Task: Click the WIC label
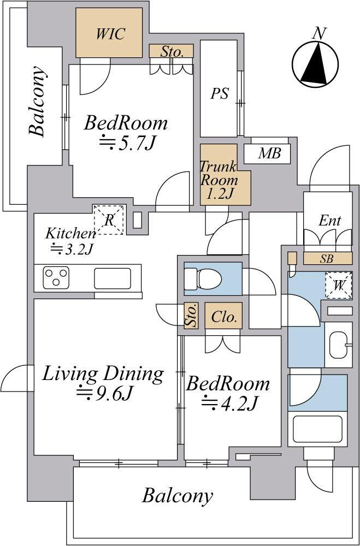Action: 111,34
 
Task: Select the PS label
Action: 220,93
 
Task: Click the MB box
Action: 269,153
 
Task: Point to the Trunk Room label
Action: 219,180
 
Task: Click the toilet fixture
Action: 203,279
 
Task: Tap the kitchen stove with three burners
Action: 56,278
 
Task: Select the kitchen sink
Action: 113,278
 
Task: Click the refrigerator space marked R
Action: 109,220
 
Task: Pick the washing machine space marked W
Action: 338,286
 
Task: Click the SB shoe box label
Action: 327,259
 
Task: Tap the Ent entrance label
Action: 329,221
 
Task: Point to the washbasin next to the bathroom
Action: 339,345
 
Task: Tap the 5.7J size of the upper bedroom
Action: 127,143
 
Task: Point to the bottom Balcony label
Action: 178,496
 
